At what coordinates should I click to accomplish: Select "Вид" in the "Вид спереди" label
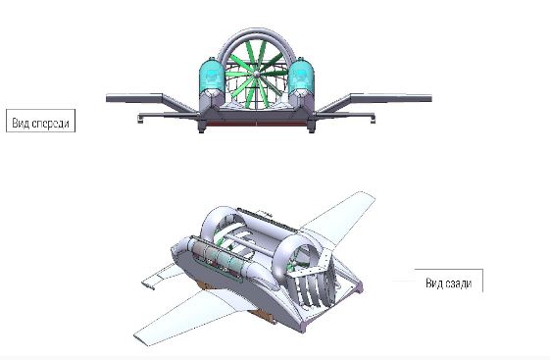tap(21, 124)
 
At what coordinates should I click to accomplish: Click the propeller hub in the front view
tap(257, 73)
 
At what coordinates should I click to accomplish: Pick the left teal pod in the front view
tap(212, 76)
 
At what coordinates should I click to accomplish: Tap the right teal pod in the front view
tap(301, 76)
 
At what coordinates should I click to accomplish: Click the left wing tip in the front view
tap(107, 98)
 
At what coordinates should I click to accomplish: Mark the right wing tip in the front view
tap(430, 98)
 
